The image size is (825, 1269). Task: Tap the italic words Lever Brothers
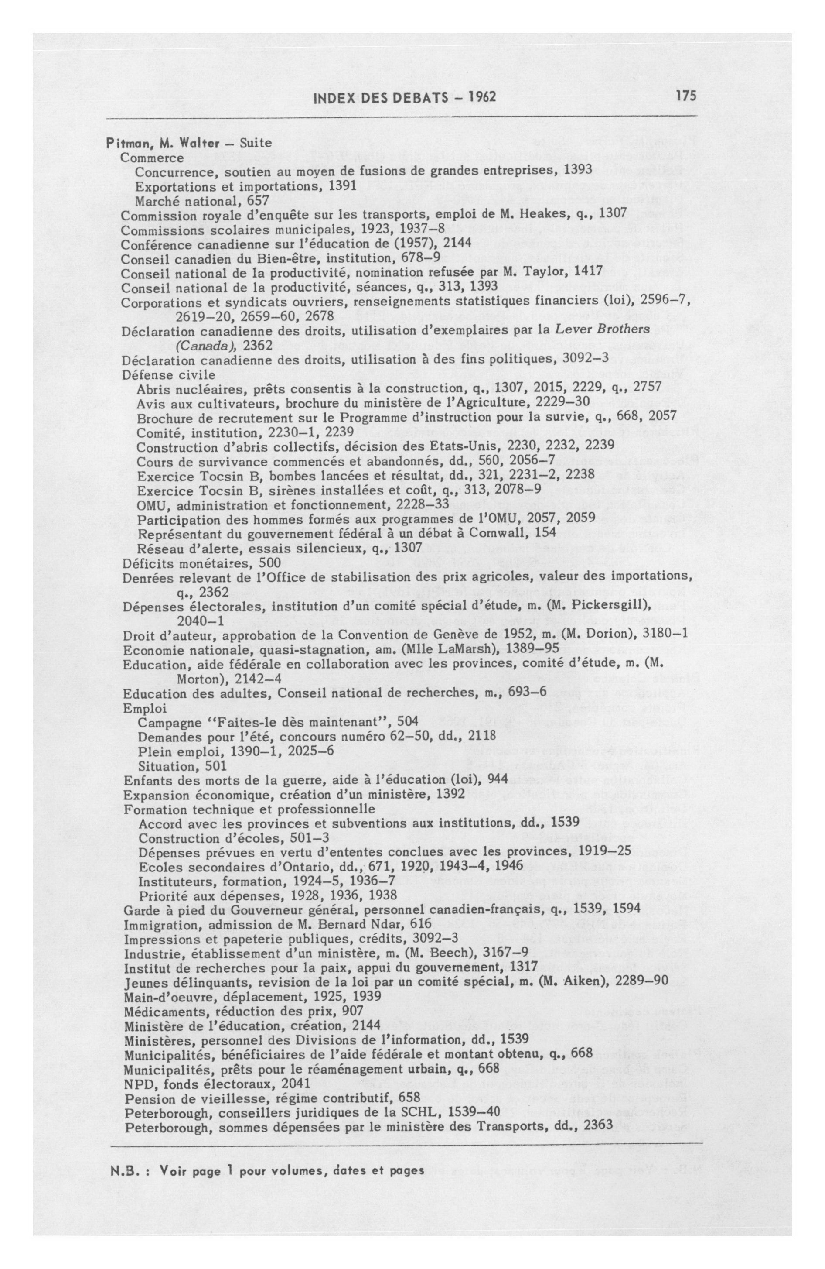pyautogui.click(x=602, y=329)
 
